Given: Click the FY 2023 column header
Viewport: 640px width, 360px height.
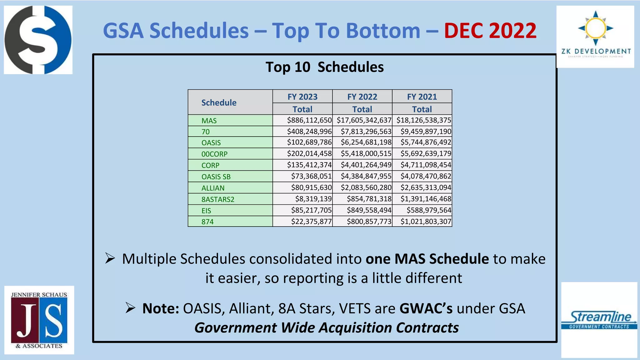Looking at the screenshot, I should pos(302,97).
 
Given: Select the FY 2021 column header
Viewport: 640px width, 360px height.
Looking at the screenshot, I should pos(422,97).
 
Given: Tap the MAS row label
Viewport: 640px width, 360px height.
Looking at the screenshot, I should pos(209,121).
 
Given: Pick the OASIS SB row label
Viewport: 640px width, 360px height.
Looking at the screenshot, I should pos(216,177).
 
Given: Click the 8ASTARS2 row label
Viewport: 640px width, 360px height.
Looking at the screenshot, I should pos(218,199).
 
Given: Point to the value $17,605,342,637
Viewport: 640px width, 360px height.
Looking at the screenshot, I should pos(364,120).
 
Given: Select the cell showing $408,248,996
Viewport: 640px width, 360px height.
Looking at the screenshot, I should pos(309,132).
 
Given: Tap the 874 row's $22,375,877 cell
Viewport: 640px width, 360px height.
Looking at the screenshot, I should pos(311,222).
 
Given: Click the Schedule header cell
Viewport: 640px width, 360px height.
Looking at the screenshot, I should pos(219,102).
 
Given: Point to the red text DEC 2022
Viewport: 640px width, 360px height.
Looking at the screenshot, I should pos(490,31).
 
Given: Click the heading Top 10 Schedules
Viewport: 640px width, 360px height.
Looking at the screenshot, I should pos(324,67).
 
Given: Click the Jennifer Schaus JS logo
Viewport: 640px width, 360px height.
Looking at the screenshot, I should pos(39,320).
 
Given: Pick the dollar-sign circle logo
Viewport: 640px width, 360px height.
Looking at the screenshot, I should pos(38,40).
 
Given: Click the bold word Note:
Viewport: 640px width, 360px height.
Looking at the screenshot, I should pos(160,308).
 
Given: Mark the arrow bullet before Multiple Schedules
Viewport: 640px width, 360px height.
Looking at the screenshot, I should pos(110,258).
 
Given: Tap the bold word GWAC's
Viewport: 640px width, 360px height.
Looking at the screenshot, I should pos(426,308).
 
